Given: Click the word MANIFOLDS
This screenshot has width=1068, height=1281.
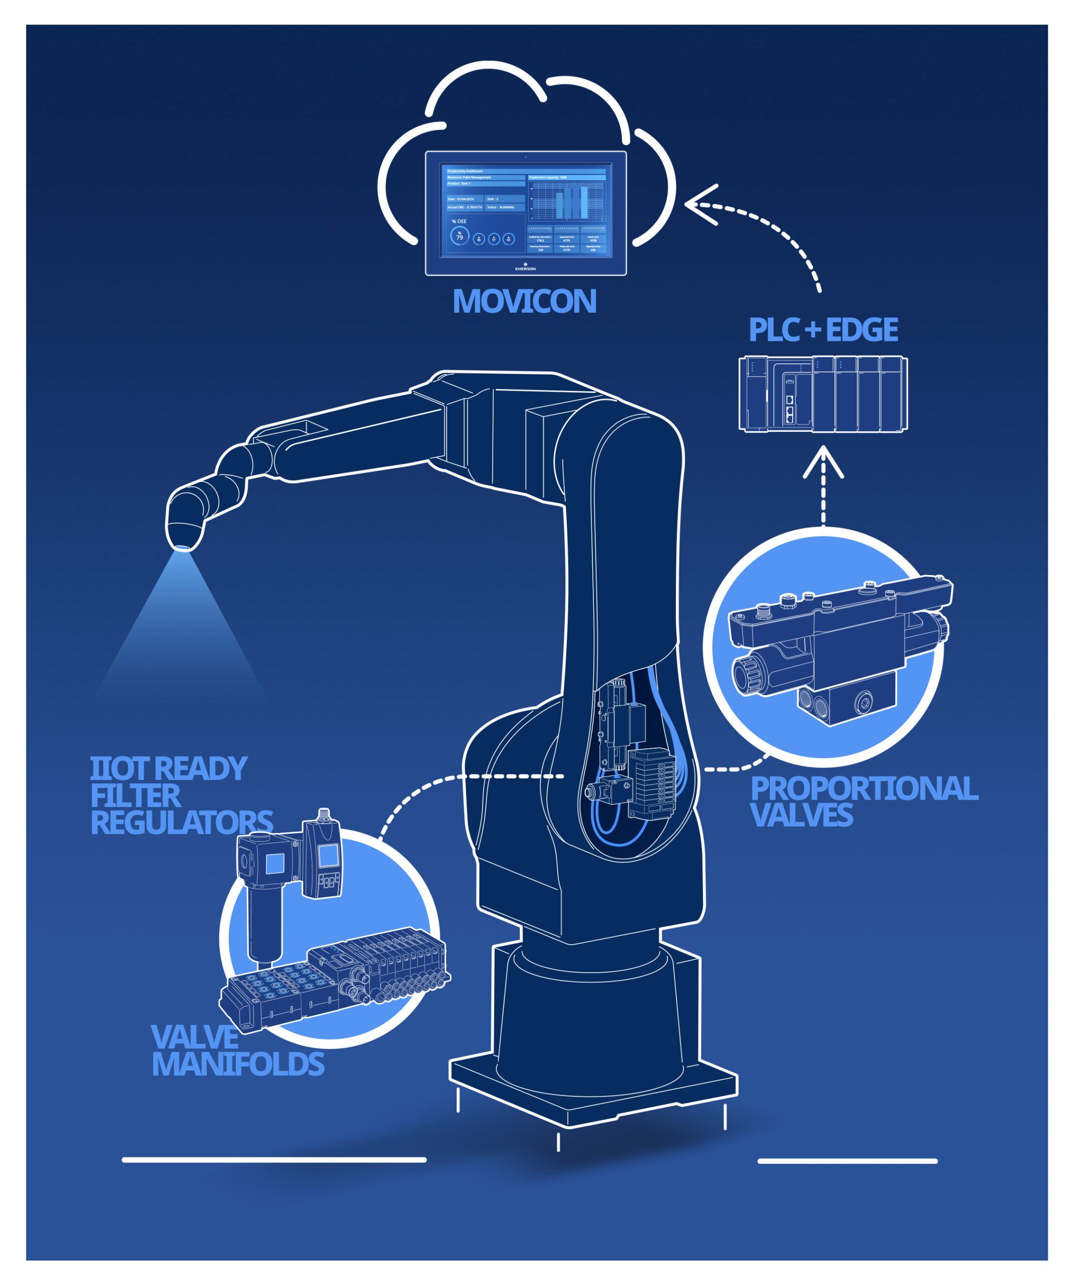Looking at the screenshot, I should [237, 1063].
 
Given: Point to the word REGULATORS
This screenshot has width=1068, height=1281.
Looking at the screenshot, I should [181, 822].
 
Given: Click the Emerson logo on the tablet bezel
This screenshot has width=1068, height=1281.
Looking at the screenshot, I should [525, 267].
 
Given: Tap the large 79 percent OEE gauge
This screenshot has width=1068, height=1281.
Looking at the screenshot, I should [459, 236].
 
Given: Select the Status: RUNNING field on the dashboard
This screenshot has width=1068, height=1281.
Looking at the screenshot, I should [504, 207].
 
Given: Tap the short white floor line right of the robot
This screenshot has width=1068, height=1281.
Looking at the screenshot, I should [847, 1161].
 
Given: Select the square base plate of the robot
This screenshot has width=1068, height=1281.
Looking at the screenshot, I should [592, 1092].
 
